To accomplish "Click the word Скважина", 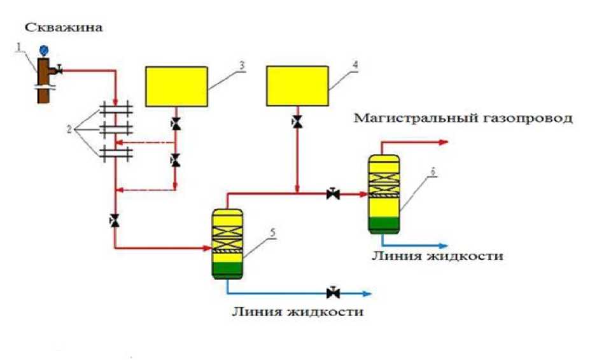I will click(x=64, y=27).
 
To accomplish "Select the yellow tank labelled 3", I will click(x=176, y=87).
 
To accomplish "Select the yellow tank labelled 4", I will click(x=297, y=87).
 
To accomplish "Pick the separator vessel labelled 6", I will click(x=384, y=191).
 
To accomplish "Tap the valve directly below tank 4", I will click(x=297, y=121).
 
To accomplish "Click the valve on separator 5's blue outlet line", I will click(x=332, y=293).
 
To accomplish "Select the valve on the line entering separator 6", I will click(x=332, y=193).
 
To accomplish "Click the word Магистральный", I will click(x=408, y=118).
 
